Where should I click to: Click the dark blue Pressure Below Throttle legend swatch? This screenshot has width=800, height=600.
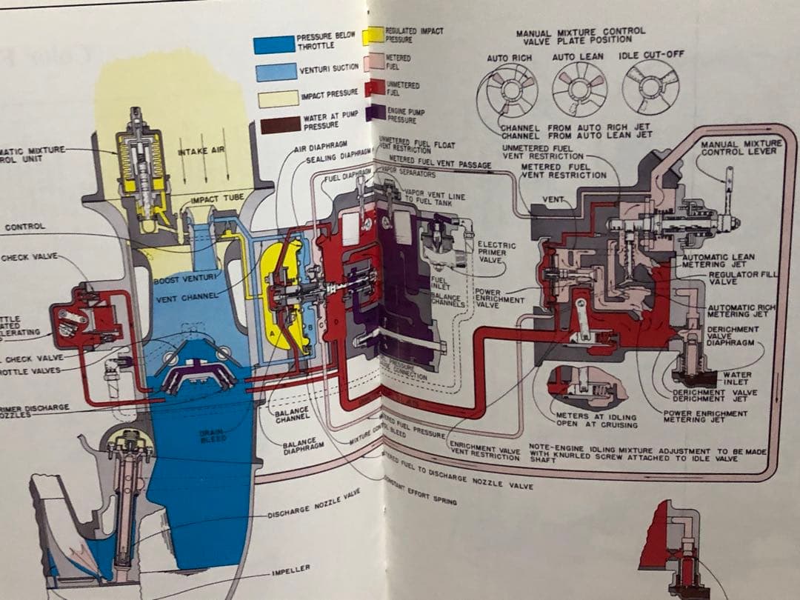274,44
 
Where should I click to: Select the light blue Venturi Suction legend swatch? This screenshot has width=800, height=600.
276,72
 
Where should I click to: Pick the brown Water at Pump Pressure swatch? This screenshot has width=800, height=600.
280,124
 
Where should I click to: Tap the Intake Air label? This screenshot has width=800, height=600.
201,151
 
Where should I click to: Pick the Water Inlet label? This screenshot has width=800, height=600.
737,379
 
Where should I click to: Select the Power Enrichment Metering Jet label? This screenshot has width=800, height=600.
704,416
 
